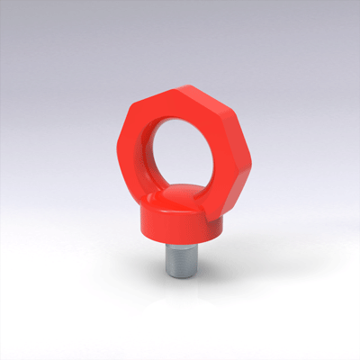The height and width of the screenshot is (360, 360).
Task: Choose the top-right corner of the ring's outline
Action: coord(202,85)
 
